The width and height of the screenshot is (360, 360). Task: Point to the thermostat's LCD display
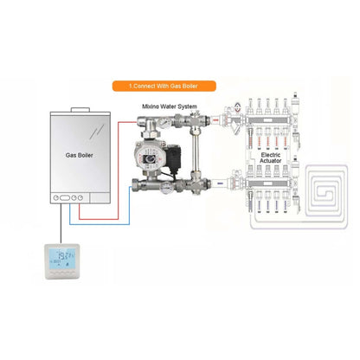point(61,257)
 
